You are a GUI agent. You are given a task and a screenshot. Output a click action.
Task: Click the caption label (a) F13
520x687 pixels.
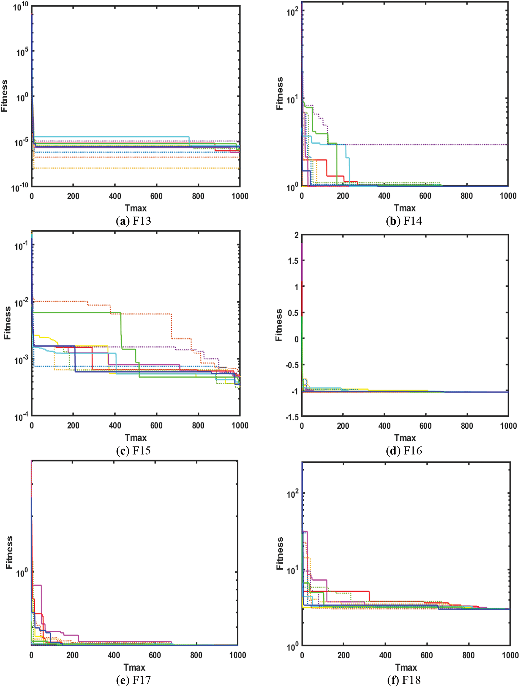(x=133, y=221)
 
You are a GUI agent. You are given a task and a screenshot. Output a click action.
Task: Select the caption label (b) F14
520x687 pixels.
(x=404, y=221)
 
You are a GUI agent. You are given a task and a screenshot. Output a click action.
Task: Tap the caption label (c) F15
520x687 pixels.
(x=133, y=451)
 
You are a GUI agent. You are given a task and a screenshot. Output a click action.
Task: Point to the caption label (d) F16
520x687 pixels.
(x=404, y=451)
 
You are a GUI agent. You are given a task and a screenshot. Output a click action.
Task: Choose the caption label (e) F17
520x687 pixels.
(x=133, y=680)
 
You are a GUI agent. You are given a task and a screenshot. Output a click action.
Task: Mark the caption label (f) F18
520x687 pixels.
(x=404, y=680)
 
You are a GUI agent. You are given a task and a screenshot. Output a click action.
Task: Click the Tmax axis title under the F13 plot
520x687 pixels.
(x=135, y=208)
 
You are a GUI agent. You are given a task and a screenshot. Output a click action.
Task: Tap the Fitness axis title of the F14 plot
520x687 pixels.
(x=280, y=94)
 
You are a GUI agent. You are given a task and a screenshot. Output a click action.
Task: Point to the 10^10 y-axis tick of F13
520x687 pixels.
(x=20, y=6)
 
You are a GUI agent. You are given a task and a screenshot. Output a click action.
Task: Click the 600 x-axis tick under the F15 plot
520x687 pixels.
(x=156, y=425)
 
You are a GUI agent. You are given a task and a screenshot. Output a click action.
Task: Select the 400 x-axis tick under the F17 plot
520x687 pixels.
(x=114, y=655)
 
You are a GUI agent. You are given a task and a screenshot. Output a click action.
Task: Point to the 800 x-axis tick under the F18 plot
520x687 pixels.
(x=468, y=655)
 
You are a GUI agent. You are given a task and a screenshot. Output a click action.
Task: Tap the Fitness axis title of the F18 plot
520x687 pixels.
(x=280, y=553)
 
